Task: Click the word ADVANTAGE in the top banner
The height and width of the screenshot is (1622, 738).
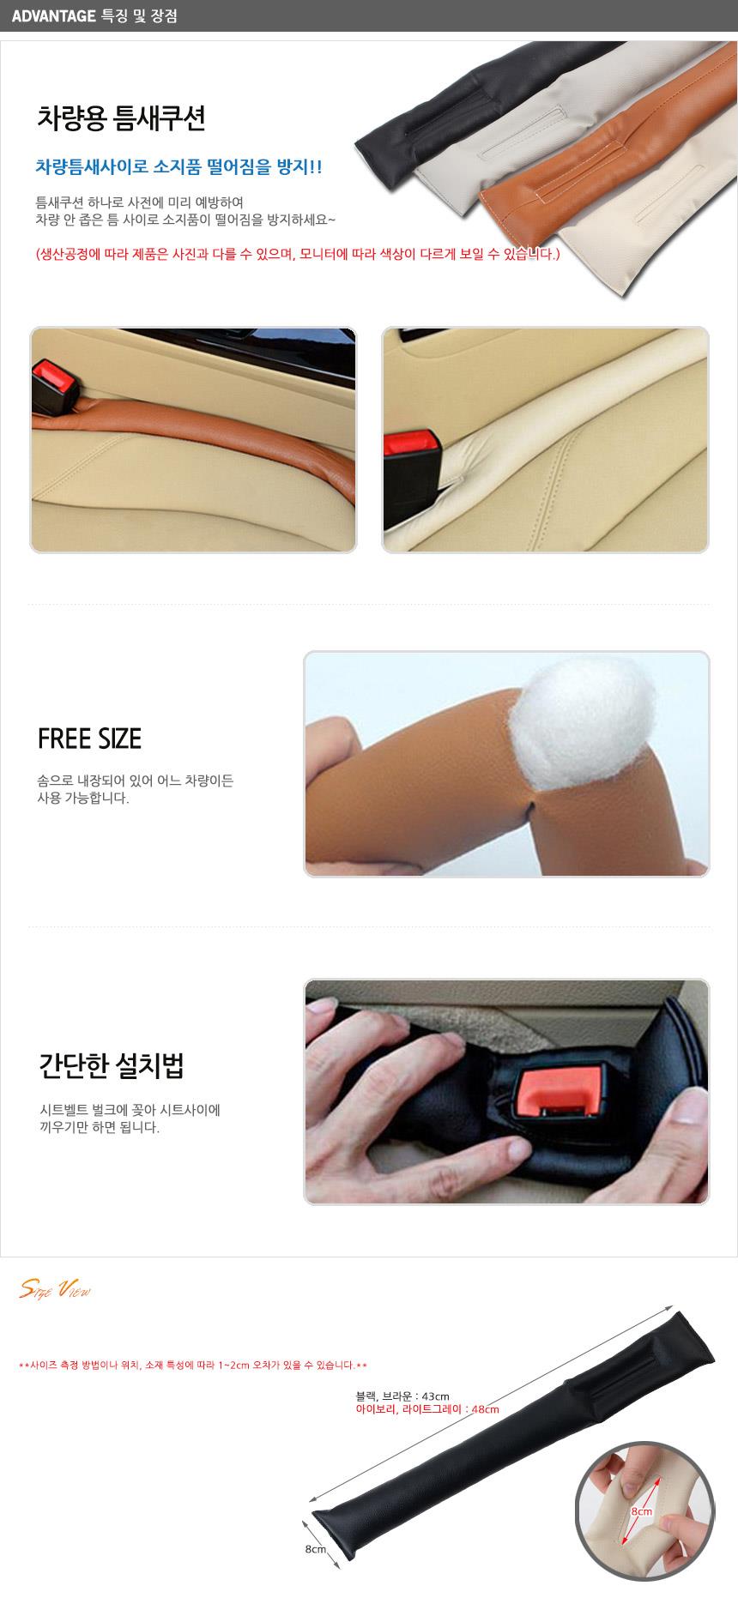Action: coord(53,15)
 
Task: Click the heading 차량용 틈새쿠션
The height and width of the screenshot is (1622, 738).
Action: coord(121,118)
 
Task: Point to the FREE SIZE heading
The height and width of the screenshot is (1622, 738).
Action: coord(89,739)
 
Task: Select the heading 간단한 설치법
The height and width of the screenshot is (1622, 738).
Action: coord(112,1066)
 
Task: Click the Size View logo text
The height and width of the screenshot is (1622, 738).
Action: coord(55,1290)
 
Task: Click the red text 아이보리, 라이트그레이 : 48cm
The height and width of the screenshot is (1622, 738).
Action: coord(427,1409)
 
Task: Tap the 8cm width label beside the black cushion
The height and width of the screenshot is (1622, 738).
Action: coord(314,1549)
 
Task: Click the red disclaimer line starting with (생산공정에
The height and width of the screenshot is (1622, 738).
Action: coord(298,254)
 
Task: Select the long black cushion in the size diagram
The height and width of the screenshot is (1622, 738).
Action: coord(512,1427)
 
